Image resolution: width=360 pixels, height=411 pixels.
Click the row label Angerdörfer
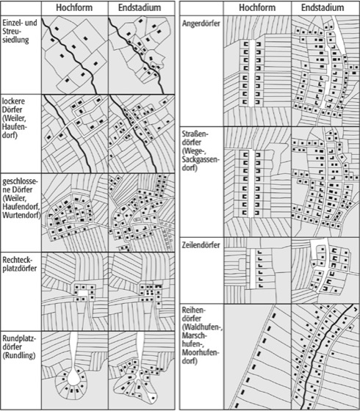click(201, 23)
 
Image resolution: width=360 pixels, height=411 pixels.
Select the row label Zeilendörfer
click(201, 245)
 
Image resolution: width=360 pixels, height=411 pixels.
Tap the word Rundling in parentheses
click(19, 356)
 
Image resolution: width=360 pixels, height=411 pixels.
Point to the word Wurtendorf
click(21, 215)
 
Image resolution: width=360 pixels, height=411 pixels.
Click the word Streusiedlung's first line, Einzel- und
click(20, 23)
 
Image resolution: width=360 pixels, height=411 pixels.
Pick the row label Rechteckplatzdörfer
click(19, 264)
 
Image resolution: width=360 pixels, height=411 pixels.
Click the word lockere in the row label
click(13, 101)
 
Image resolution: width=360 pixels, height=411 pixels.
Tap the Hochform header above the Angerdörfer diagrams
click(257, 8)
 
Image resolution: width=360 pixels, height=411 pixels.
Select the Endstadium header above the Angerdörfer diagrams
click(323, 8)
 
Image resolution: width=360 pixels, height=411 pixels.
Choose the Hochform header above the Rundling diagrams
click(74, 8)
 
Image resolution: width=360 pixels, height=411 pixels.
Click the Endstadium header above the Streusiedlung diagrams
click(140, 8)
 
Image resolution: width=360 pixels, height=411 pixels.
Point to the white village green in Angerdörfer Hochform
click(251, 73)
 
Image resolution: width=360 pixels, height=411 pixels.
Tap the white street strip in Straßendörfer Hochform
click(251, 183)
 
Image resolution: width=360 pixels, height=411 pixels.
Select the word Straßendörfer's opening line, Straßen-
click(195, 134)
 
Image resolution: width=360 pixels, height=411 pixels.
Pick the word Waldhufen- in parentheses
click(202, 327)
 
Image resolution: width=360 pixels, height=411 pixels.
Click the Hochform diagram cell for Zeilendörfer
click(257, 271)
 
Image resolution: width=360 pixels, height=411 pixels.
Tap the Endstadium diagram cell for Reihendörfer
click(325, 357)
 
